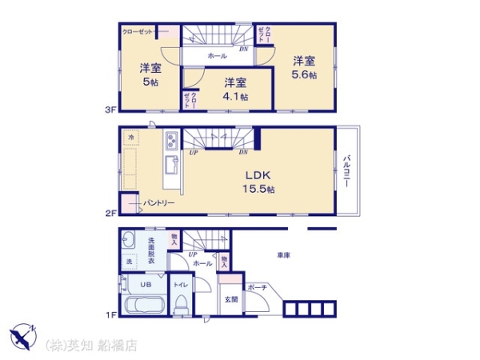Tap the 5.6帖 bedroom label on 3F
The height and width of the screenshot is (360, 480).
[303, 67]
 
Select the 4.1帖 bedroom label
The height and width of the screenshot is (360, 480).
[234, 89]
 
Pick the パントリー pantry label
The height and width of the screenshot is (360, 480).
[158, 203]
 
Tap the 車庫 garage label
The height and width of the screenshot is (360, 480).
[283, 254]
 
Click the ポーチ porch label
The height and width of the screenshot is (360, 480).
[257, 286]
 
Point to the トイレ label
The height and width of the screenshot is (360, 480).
[181, 284]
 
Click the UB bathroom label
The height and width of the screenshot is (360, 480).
[146, 284]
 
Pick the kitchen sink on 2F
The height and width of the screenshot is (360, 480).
[173, 167]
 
